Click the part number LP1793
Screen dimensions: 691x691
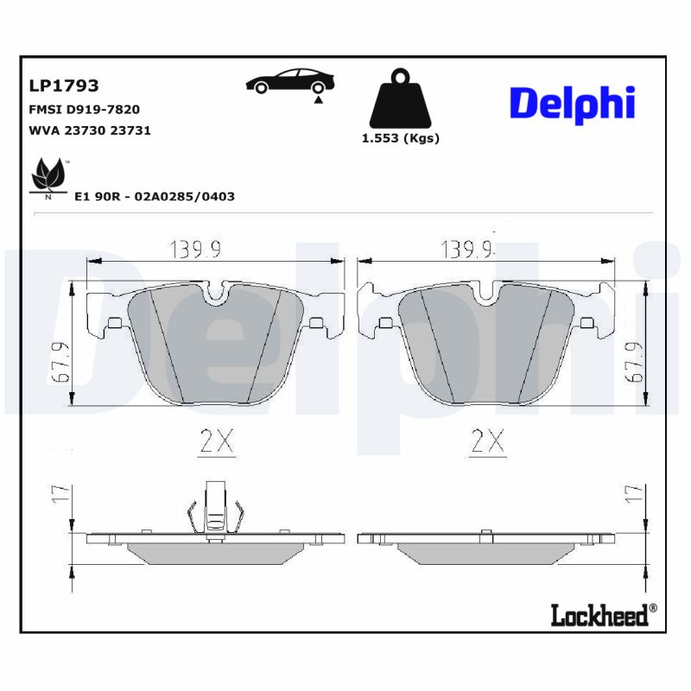(64, 86)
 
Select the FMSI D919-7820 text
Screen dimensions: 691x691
(85, 110)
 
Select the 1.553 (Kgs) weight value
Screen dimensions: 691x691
(400, 138)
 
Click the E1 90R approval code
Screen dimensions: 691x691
(155, 196)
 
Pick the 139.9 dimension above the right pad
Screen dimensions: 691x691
(466, 250)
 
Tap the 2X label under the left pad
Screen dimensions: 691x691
(217, 442)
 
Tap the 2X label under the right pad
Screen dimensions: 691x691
(487, 442)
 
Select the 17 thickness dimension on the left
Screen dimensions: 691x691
(60, 495)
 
